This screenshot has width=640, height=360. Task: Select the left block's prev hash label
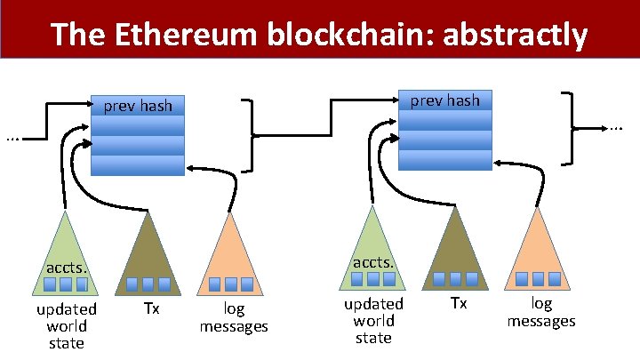(138, 107)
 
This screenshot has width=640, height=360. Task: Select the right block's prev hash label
(444, 100)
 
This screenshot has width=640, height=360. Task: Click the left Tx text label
(151, 309)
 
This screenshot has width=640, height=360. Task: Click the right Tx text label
(458, 304)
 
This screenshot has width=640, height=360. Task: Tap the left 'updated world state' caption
(66, 326)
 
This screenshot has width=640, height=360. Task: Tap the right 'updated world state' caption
(373, 321)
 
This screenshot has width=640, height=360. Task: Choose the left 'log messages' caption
(233, 318)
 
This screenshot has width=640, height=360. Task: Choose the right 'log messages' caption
(540, 313)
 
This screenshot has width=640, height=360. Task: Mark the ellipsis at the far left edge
(12, 138)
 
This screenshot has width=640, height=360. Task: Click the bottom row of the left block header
(138, 166)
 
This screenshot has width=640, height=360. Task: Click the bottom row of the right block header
(444, 160)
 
